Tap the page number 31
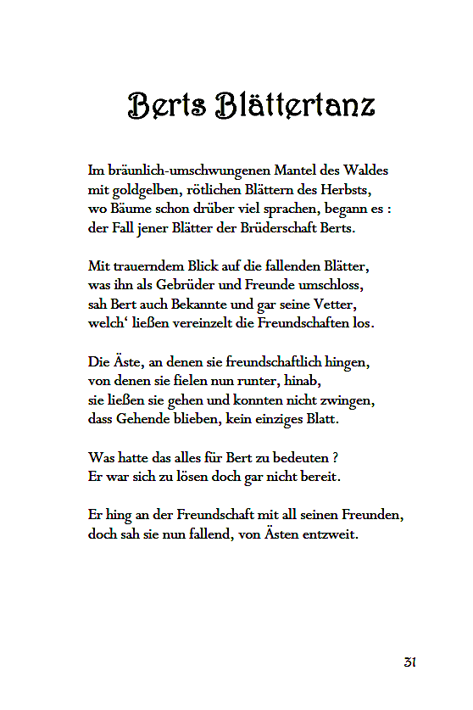[409, 662]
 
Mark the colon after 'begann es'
[388, 210]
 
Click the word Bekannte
[179, 304]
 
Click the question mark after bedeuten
[336, 456]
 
